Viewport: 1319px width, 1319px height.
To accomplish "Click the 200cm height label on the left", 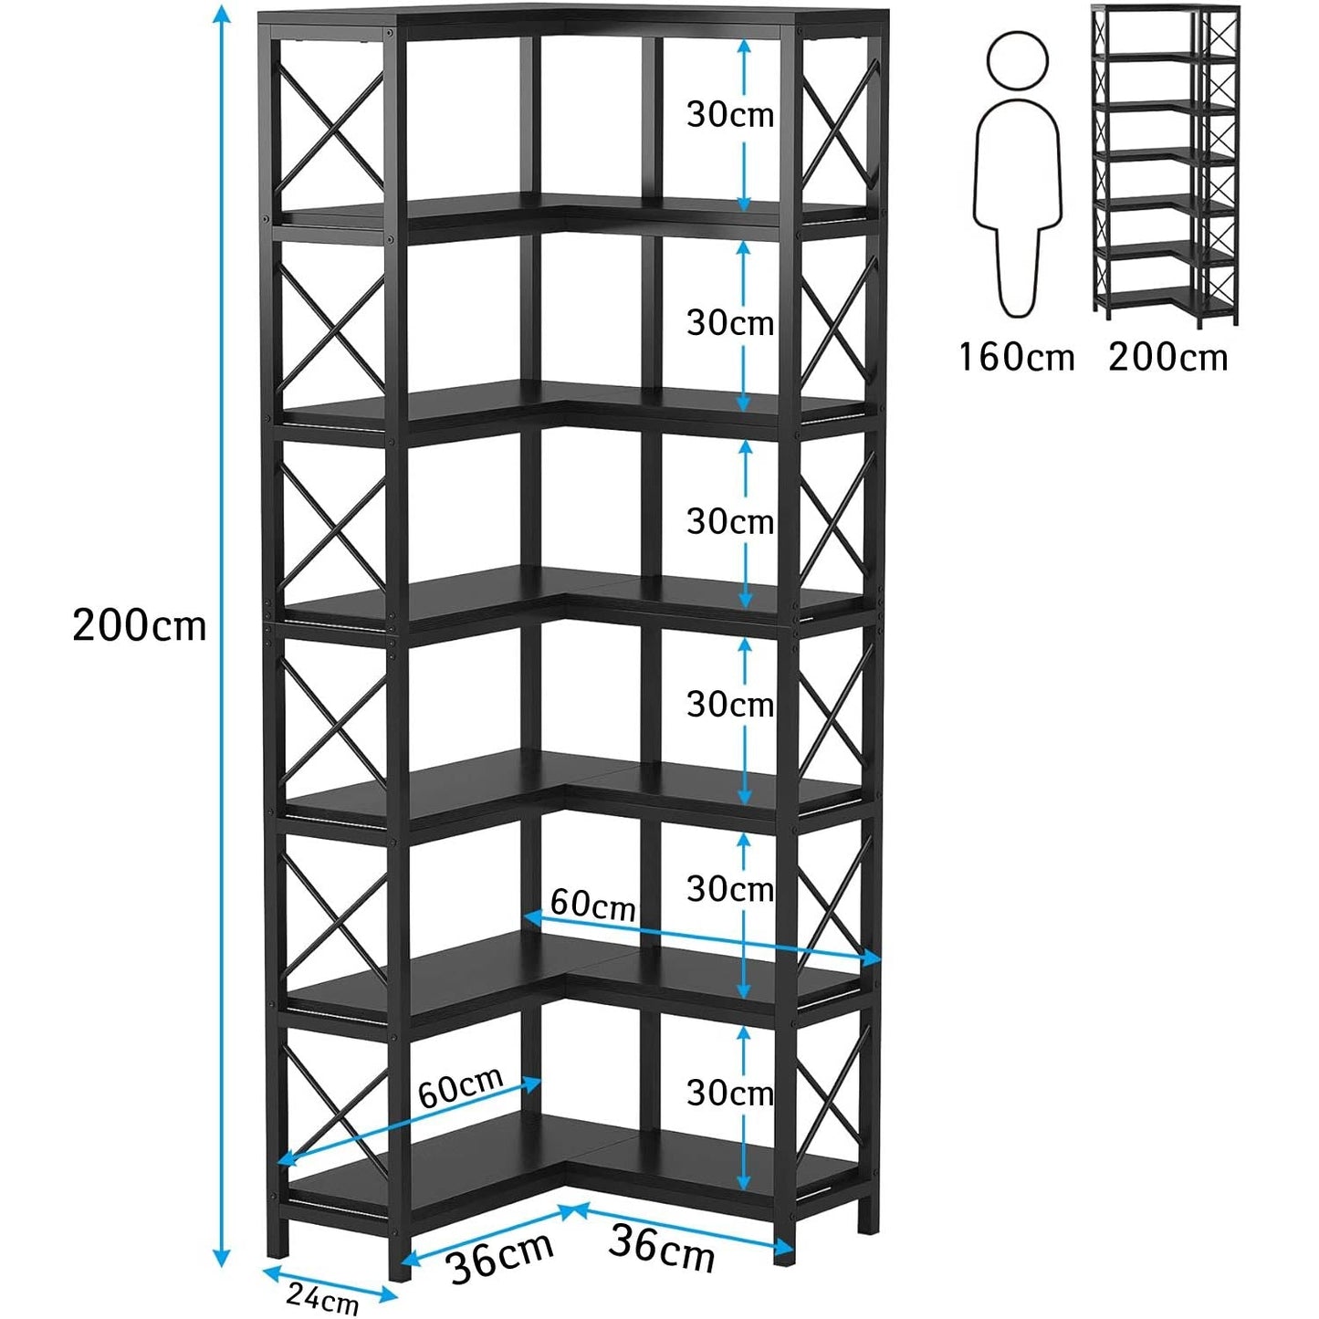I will click(140, 626).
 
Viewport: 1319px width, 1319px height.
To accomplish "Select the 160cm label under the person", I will click(1016, 356).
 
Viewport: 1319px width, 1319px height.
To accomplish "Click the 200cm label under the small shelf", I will click(1168, 356).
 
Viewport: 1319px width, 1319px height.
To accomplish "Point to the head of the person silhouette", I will click(1017, 60).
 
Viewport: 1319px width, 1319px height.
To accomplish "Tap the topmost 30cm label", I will click(730, 114).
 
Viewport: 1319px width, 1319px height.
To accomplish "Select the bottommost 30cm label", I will click(730, 1093).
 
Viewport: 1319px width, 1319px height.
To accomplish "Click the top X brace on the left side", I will click(330, 124).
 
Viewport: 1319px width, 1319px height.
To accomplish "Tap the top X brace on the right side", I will click(840, 128).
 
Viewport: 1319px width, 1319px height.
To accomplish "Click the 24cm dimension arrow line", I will click(330, 1282).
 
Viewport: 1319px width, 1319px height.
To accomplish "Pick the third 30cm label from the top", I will click(730, 521).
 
